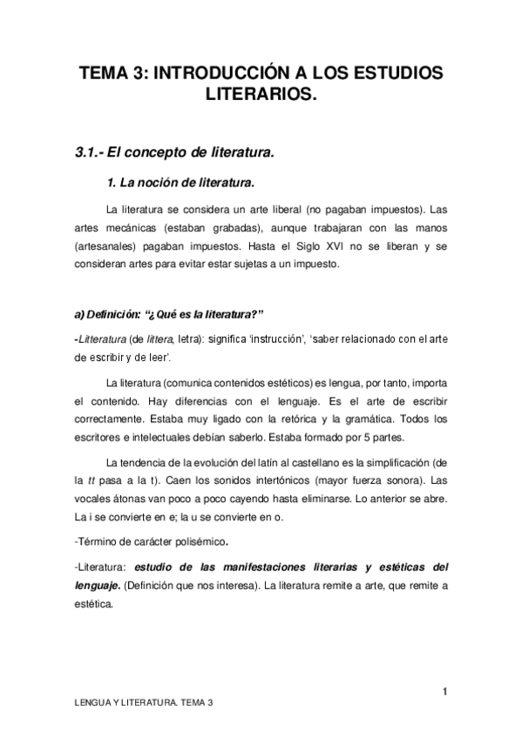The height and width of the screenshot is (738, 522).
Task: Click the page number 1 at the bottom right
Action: click(444, 692)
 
